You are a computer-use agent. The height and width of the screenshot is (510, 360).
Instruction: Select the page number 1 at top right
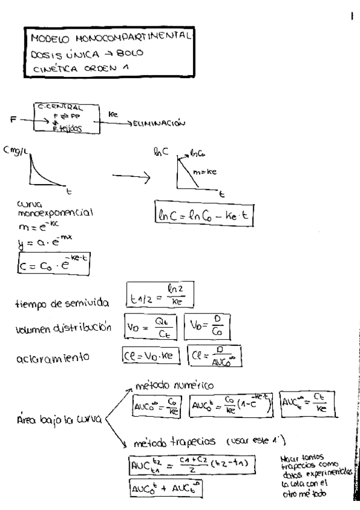coord(351,16)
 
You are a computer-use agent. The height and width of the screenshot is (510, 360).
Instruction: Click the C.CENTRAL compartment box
coord(66,117)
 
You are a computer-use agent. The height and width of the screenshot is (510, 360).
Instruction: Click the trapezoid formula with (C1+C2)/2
coord(189,463)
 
